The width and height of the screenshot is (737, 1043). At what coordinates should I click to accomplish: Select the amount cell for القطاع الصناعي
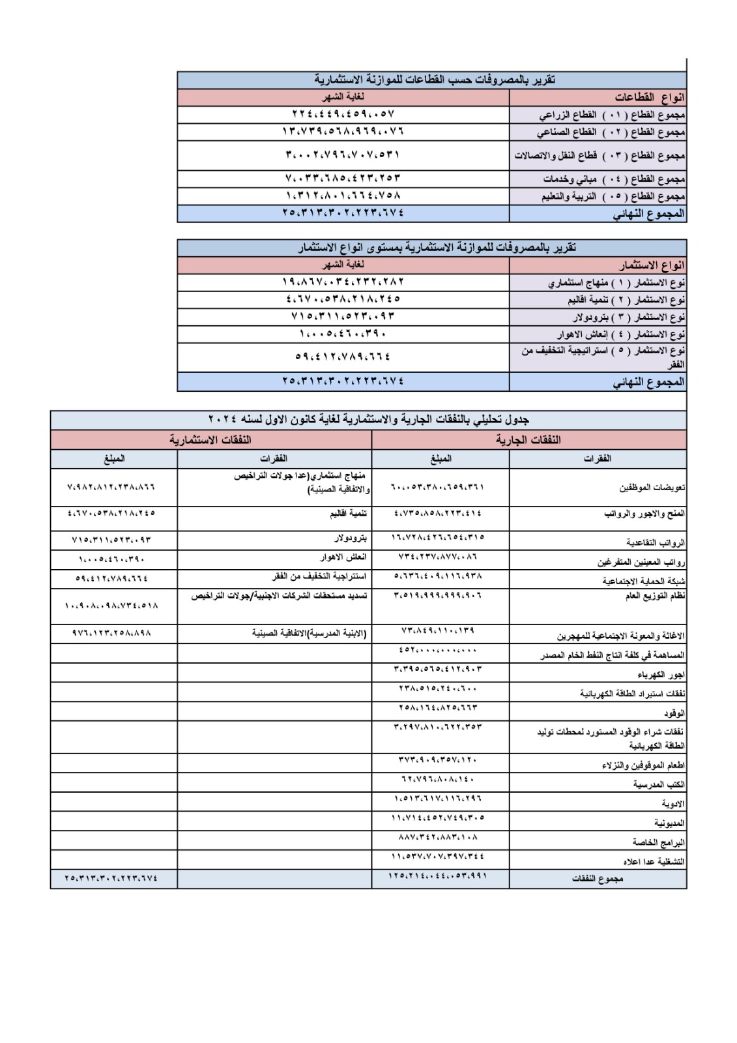[343, 131]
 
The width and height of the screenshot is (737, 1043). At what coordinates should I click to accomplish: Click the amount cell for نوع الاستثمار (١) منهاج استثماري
[343, 282]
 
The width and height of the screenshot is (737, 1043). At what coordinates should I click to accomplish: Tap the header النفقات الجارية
[528, 439]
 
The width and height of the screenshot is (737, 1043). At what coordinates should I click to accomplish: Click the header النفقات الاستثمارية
[210, 439]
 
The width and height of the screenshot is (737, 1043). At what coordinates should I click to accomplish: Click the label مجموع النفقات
[598, 879]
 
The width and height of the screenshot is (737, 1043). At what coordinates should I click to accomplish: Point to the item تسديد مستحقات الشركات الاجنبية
[280, 596]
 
